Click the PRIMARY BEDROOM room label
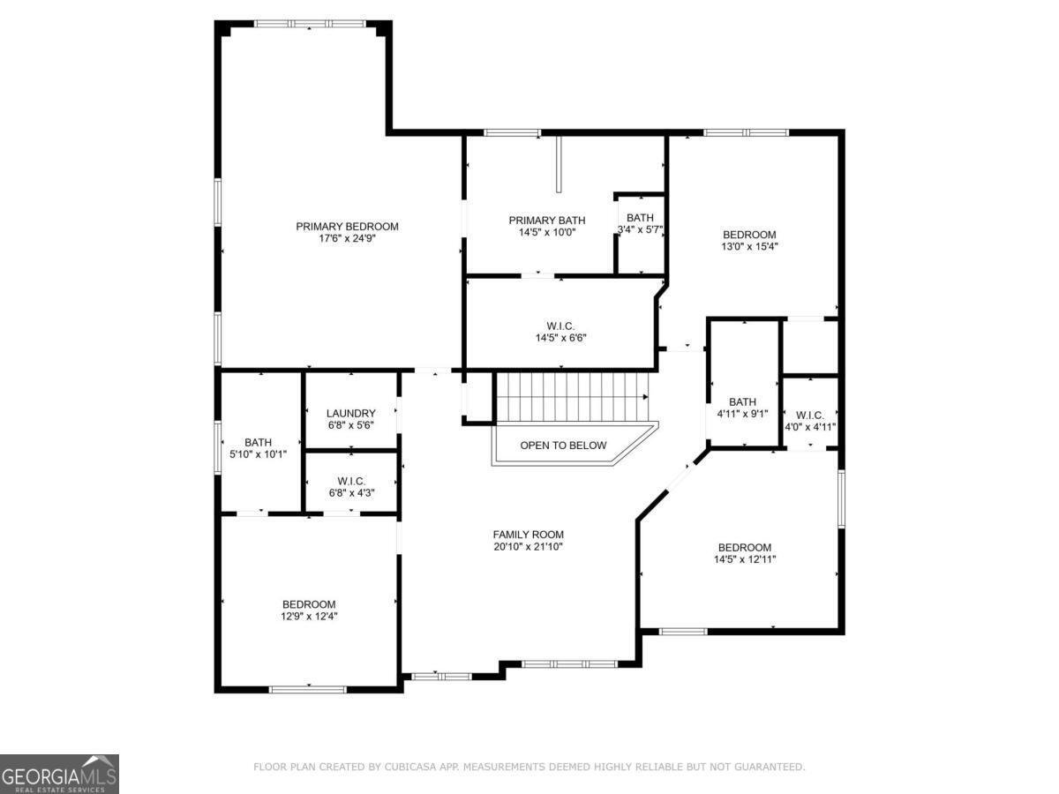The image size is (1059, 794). [347, 227]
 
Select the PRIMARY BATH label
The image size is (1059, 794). [546, 221]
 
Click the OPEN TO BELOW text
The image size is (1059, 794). [563, 446]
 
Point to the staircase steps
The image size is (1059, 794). [572, 397]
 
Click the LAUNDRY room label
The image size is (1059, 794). [350, 413]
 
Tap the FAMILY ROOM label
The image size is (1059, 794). [528, 535]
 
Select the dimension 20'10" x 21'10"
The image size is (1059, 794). [528, 547]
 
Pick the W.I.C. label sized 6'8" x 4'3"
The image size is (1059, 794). [350, 481]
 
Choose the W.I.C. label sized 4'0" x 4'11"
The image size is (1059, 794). [810, 416]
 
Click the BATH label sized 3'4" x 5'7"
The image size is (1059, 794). [640, 218]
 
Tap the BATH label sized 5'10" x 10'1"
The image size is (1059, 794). [259, 443]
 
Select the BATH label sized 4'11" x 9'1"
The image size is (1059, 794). [742, 402]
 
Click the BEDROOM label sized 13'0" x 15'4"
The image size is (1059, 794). [749, 235]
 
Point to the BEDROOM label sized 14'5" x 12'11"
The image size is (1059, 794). [744, 547]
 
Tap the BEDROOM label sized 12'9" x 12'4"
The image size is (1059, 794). [308, 604]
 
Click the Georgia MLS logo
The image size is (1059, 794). [59, 774]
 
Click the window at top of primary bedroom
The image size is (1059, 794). [309, 24]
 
